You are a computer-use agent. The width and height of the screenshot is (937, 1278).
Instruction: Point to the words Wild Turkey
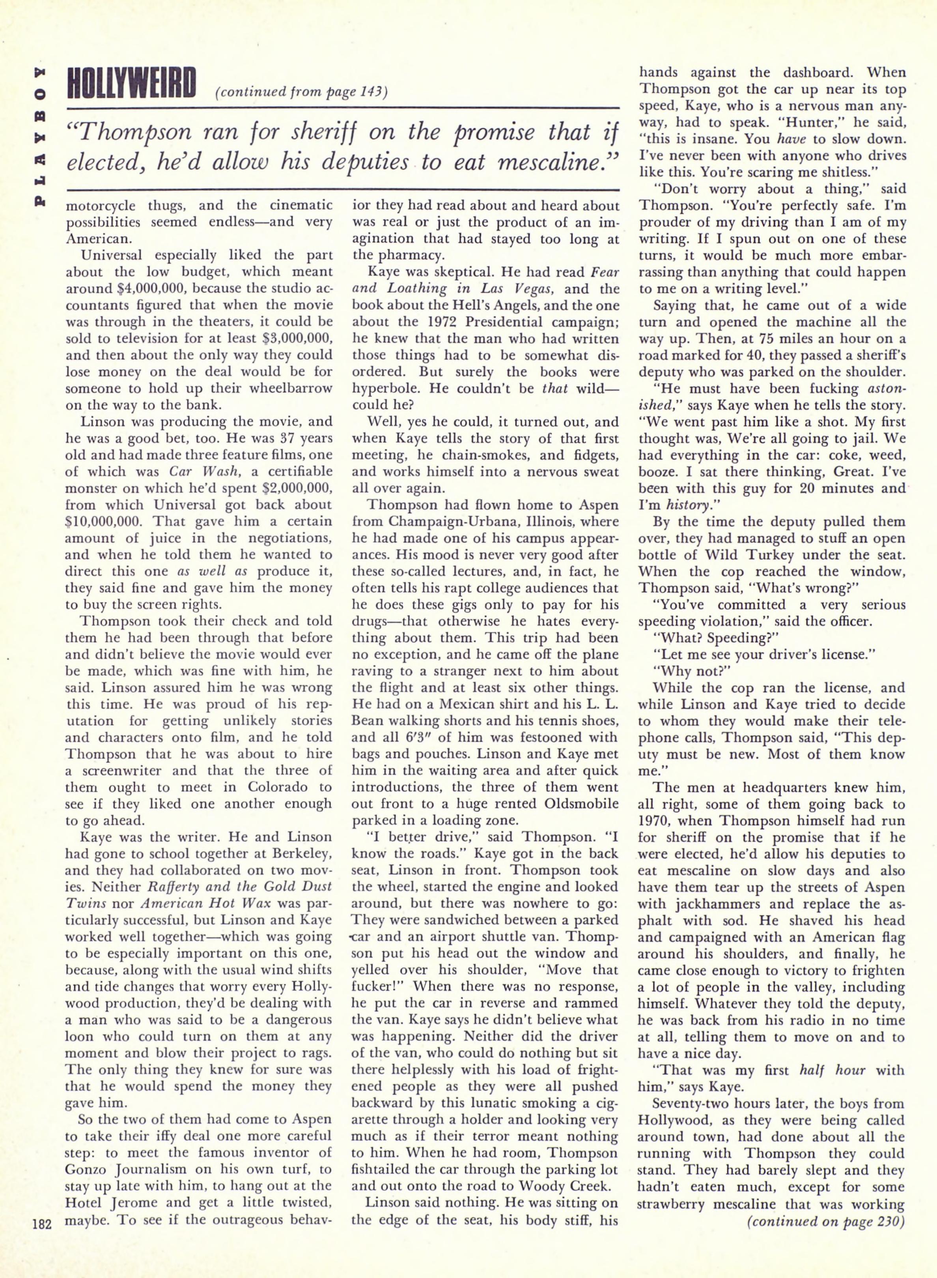(731, 554)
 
